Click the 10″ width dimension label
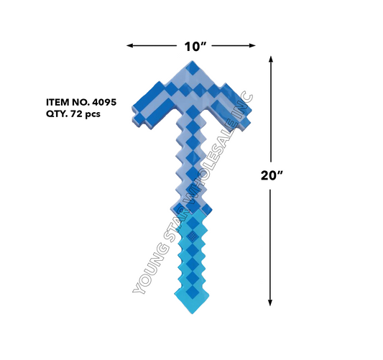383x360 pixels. tap(195, 47)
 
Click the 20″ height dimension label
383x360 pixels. tap(272, 175)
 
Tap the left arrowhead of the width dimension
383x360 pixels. tap(130, 45)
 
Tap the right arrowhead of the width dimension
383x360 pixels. tap(252, 45)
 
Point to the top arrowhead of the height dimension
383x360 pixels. tap(270, 60)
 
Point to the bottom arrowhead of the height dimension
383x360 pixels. tap(270, 303)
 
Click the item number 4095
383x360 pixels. tap(104, 102)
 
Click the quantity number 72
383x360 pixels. tap(75, 114)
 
